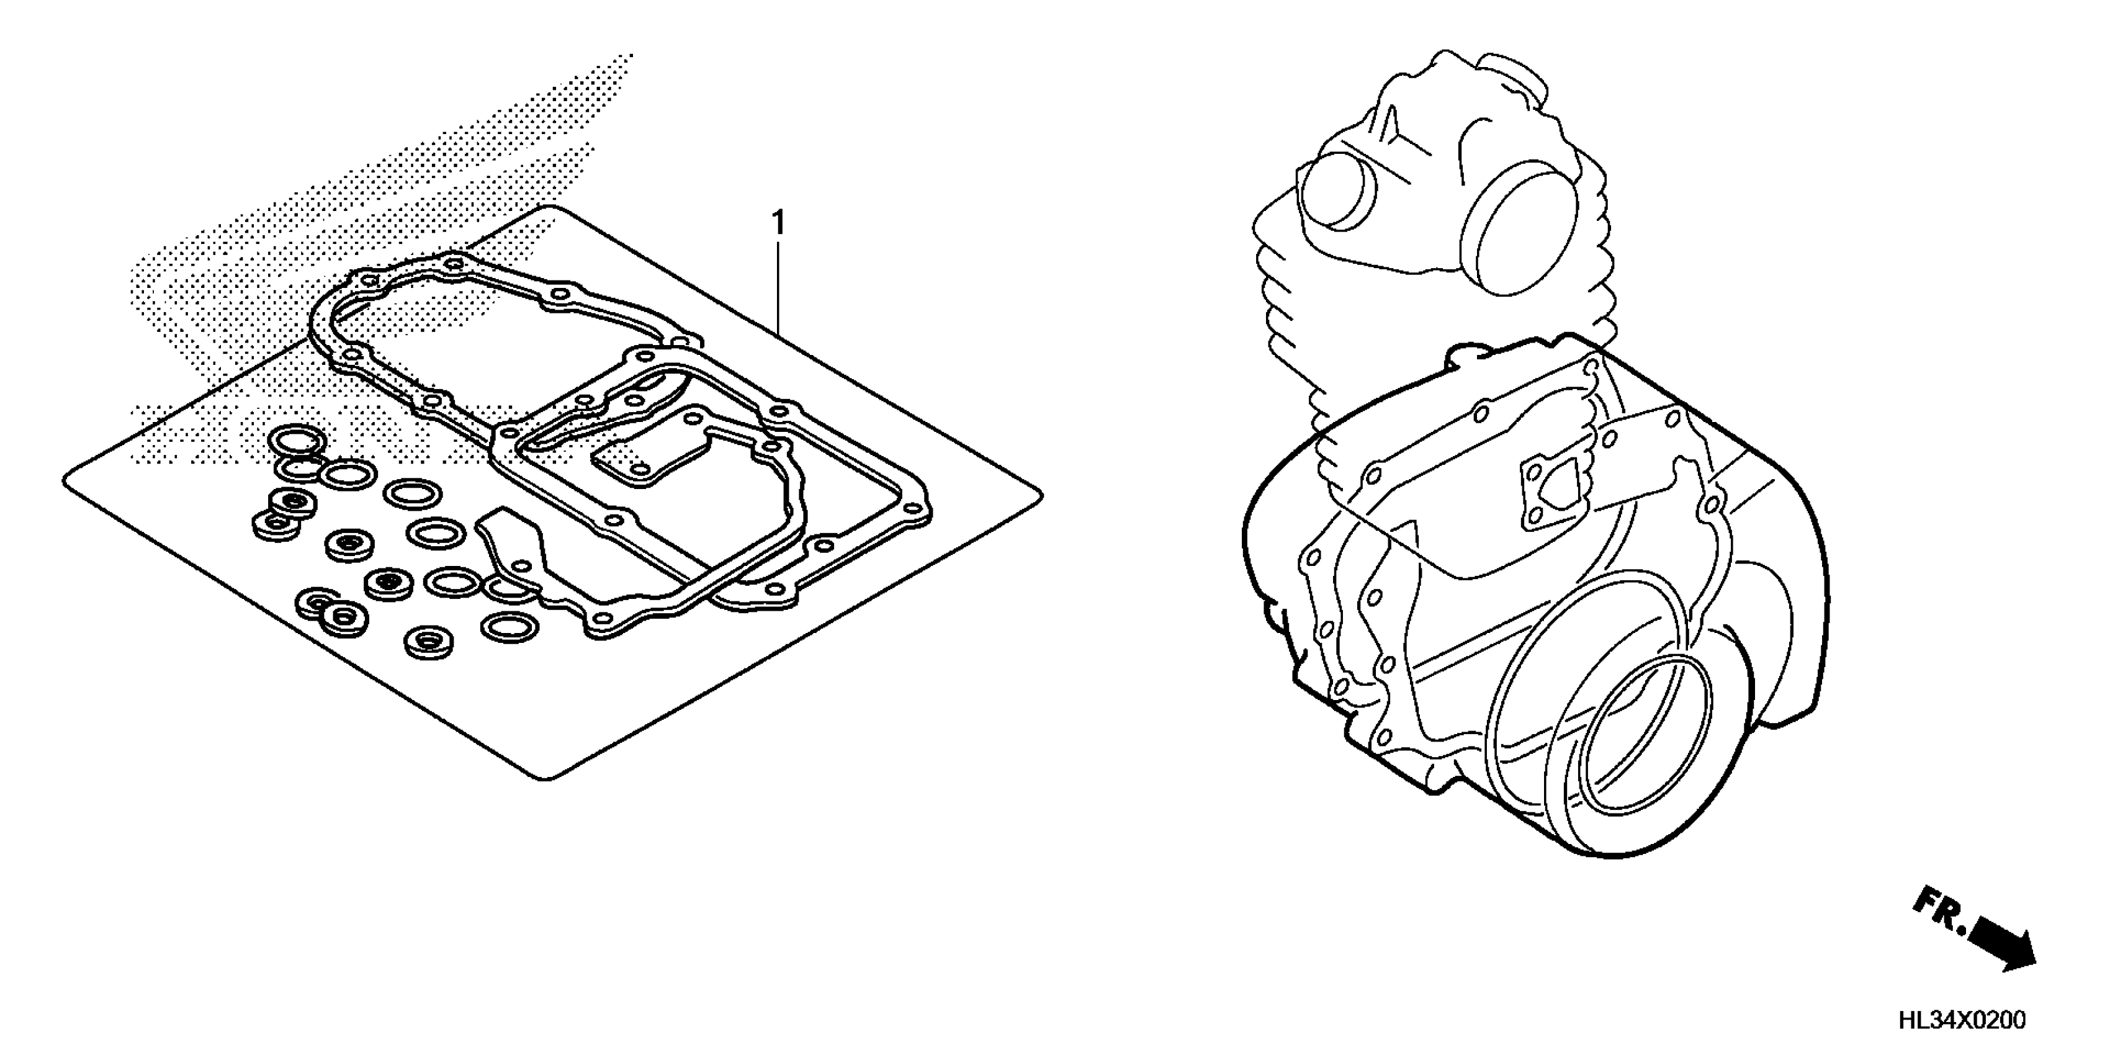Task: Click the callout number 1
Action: (778, 223)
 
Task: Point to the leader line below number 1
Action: (778, 287)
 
